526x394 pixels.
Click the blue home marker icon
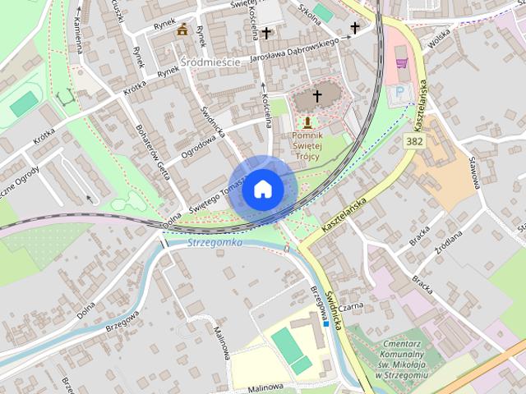262,189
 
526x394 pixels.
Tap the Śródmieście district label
210,61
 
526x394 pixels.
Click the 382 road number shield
414,142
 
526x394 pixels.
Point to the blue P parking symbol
400,92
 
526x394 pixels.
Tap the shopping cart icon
401,62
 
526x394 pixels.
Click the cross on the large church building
316,96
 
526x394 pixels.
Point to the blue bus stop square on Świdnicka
326,323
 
